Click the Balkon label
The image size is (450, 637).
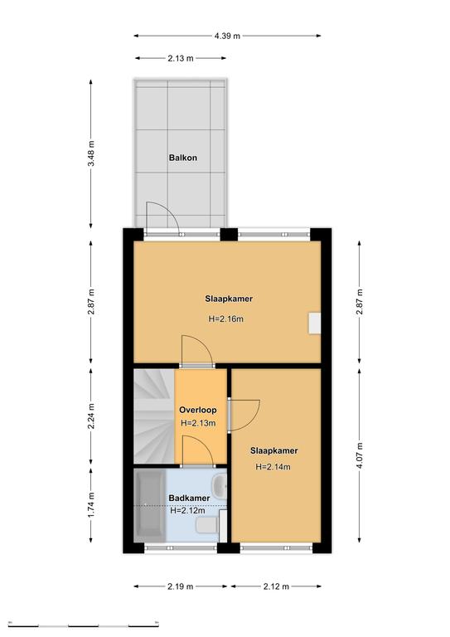183,158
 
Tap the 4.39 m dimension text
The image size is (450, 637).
227,36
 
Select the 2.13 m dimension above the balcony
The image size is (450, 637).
181,58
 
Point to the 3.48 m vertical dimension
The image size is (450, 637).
91,153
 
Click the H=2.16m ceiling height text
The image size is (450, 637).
226,318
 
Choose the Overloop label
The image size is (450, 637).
198,410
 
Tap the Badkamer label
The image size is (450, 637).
189,498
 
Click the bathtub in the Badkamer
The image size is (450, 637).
150,505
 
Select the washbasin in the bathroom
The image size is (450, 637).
220,485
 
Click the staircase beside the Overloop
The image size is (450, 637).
154,416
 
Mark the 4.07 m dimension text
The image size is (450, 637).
360,455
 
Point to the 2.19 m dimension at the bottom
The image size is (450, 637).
180,586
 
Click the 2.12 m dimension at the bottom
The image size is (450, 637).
276,586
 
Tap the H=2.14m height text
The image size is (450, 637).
273,467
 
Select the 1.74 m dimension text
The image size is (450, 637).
91,504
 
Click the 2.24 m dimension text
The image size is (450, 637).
91,416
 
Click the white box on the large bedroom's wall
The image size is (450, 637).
314,323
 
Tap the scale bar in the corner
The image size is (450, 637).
83,625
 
